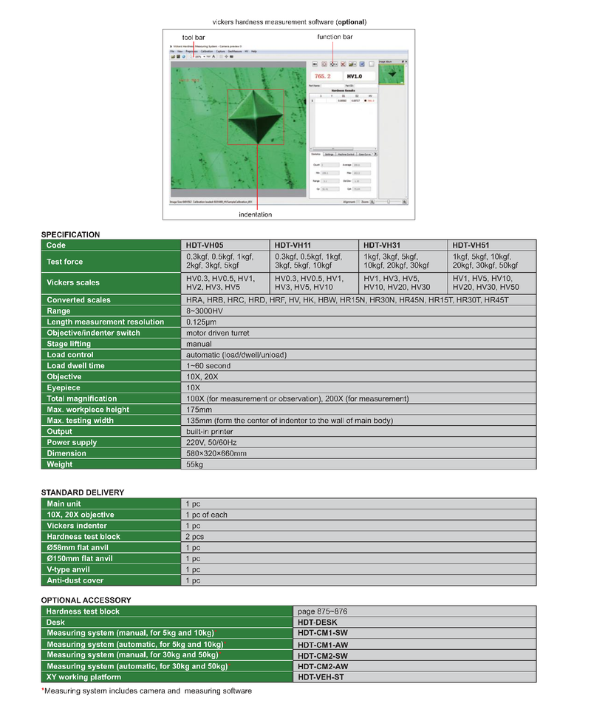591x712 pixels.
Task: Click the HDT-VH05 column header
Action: [x=204, y=245]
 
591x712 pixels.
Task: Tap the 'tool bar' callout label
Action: [x=194, y=37]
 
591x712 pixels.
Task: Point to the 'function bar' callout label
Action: [x=335, y=37]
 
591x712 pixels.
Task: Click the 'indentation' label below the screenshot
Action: [x=255, y=214]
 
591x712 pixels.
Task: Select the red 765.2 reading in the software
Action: [x=324, y=76]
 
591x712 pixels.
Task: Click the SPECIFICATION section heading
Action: [x=70, y=234]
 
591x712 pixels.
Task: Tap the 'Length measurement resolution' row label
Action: [x=105, y=322]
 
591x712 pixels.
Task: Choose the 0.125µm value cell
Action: [x=202, y=322]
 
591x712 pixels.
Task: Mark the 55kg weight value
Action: [x=195, y=464]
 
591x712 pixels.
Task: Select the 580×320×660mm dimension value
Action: [x=216, y=453]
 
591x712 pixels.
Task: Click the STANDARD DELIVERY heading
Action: [x=82, y=492]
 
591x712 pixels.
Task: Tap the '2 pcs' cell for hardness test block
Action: [x=195, y=537]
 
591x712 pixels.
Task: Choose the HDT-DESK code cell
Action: [x=317, y=623]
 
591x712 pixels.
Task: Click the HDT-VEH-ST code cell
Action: [x=321, y=677]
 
